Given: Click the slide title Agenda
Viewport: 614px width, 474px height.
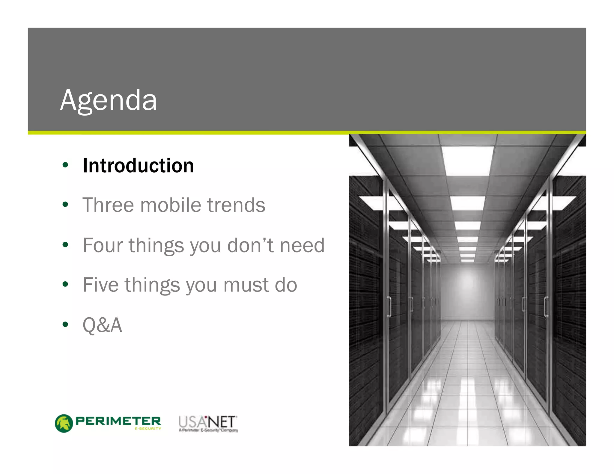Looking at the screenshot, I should [109, 100].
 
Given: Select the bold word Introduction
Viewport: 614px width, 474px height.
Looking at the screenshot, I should [138, 165].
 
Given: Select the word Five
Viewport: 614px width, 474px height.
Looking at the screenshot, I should [101, 285].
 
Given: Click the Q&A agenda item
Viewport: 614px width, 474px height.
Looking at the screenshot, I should [102, 325].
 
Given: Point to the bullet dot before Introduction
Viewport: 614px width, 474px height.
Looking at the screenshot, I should [65, 165].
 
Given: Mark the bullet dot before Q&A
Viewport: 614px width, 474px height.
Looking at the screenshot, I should [65, 324].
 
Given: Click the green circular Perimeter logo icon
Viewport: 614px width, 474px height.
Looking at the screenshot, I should [64, 423].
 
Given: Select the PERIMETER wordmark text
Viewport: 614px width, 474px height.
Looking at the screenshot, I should [118, 421].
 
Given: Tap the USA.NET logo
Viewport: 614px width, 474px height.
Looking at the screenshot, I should [208, 423].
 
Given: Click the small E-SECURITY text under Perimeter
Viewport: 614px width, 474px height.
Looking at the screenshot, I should [148, 429].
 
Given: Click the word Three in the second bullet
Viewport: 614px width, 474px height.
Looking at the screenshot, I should [108, 205].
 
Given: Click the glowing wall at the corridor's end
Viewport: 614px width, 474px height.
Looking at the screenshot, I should [467, 291].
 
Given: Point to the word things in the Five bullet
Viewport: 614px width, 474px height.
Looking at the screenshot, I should [152, 285].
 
